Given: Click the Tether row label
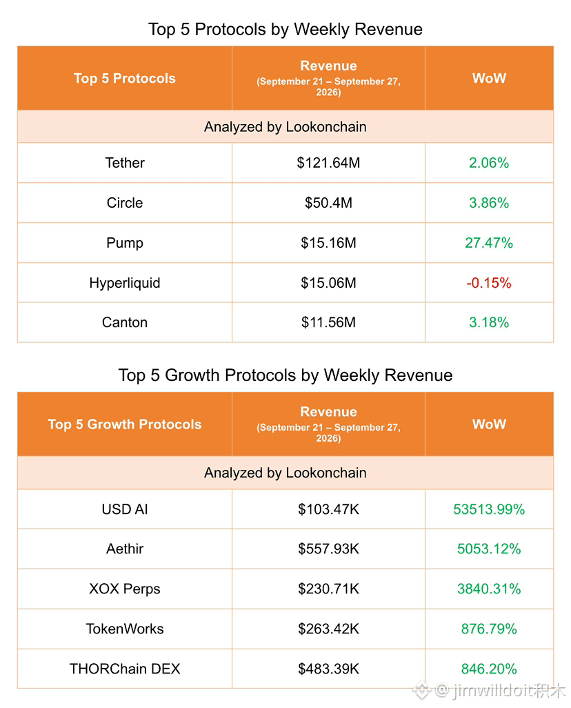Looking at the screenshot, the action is (x=125, y=163).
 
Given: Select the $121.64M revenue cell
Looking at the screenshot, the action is (x=328, y=163).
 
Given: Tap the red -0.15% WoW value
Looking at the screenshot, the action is (x=489, y=283).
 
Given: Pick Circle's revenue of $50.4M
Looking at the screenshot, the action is (x=328, y=203).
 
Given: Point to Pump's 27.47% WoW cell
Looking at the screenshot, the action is (x=489, y=243).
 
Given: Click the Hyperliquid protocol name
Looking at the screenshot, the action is (x=125, y=283).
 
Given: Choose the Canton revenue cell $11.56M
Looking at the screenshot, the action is (x=328, y=322).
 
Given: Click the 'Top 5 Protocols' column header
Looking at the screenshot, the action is (x=125, y=78).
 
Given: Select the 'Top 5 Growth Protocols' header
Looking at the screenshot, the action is (x=125, y=424).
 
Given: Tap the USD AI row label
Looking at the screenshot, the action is (x=125, y=509).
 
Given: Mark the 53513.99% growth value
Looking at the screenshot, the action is (x=489, y=509).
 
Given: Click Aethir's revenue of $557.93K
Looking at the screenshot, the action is (x=328, y=549).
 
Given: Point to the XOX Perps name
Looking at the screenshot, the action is (x=125, y=589).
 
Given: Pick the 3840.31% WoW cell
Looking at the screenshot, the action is (x=489, y=589).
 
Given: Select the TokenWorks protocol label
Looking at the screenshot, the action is (x=125, y=629).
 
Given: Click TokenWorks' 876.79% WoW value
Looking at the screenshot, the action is (x=489, y=629).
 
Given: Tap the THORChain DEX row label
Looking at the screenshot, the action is (x=125, y=669).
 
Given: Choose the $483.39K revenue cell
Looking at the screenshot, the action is (x=328, y=669).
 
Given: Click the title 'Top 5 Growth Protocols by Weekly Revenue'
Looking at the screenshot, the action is (x=285, y=375).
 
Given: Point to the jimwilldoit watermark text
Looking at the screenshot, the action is (x=490, y=690).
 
